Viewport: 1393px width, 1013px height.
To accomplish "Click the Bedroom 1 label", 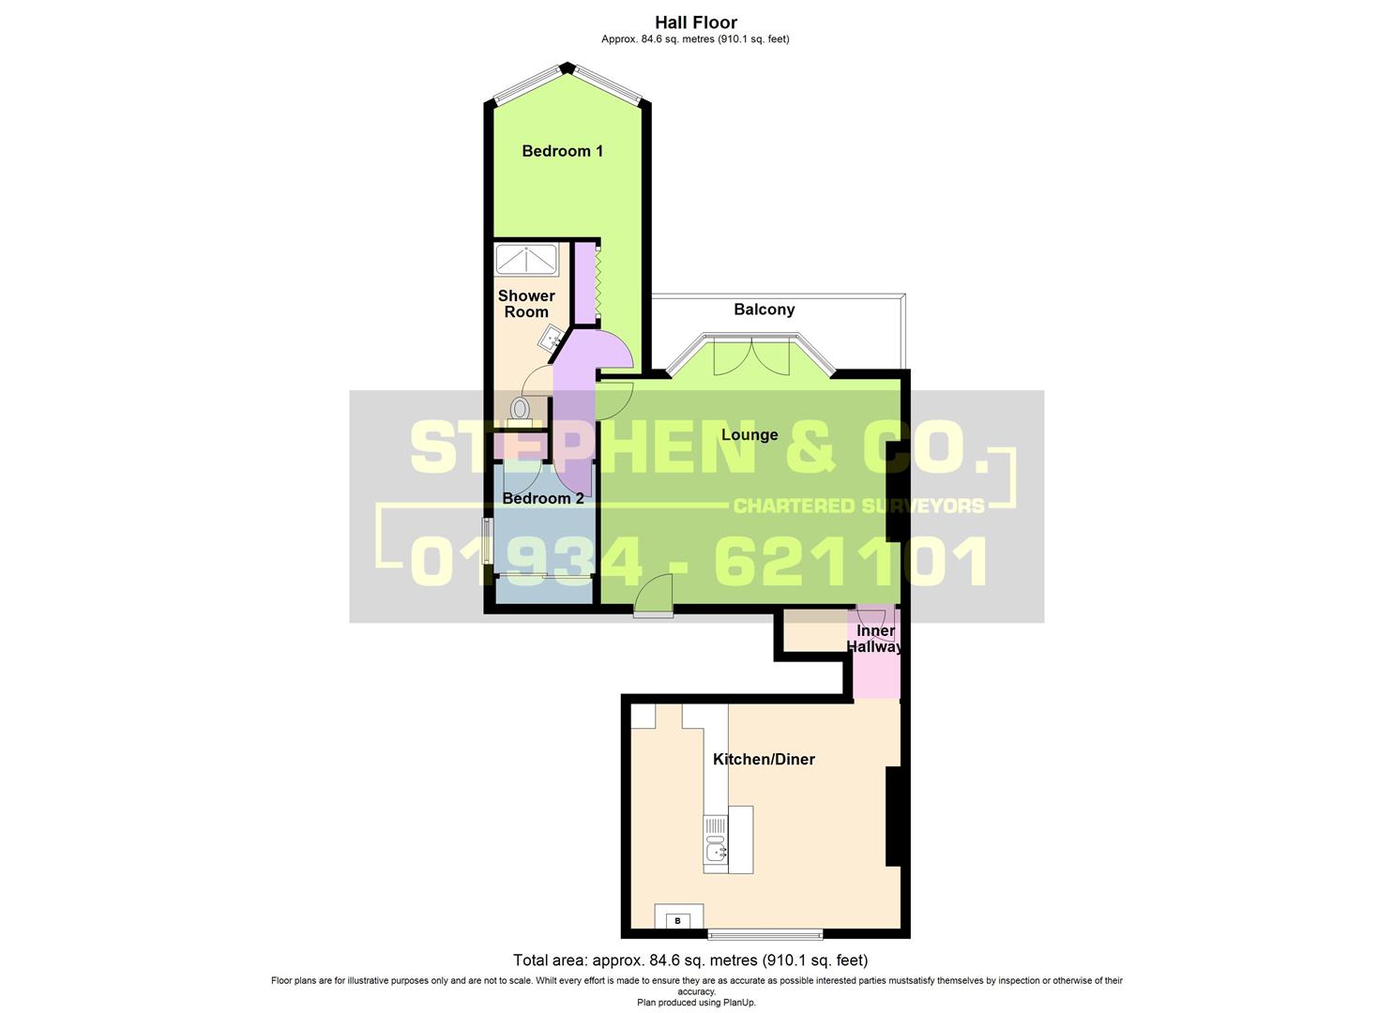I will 562,151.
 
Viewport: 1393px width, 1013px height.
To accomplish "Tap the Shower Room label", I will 526,304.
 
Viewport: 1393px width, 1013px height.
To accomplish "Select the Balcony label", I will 764,310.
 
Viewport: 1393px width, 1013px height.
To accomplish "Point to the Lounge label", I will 749,435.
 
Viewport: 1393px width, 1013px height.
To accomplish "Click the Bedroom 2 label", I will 543,498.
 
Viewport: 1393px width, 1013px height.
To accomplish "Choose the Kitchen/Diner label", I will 764,759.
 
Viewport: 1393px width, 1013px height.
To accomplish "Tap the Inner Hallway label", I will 875,639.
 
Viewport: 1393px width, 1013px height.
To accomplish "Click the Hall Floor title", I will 696,23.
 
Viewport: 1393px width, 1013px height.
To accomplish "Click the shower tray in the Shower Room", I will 527,259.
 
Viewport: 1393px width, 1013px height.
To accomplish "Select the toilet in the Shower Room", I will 520,409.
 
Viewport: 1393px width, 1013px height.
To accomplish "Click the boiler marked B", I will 678,920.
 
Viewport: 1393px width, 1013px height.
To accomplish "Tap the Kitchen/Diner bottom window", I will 765,933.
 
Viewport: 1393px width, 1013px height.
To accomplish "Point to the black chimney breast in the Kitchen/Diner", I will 894,816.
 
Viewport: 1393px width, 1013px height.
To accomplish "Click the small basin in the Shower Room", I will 555,338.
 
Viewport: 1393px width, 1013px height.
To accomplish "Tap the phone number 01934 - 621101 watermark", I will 699,561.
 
